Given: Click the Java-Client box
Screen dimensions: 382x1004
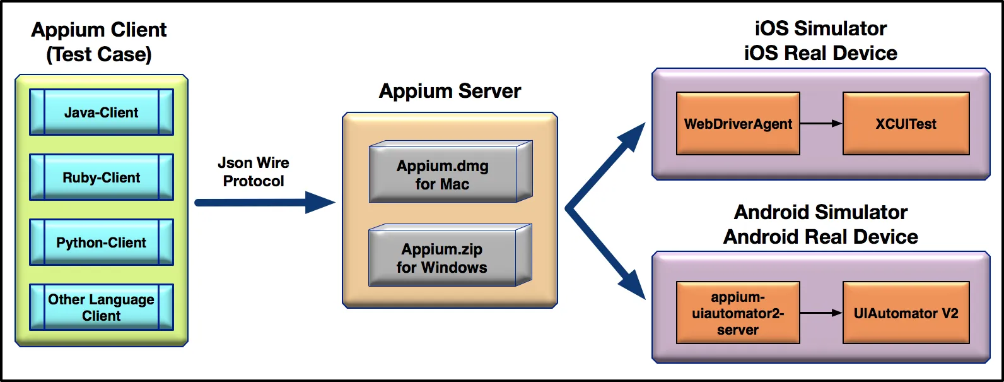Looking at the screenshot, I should [101, 112].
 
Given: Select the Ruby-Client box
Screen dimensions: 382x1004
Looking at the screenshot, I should [101, 177].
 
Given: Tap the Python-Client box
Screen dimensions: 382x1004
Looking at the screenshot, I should [101, 242].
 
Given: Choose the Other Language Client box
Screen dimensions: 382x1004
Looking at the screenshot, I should [101, 307].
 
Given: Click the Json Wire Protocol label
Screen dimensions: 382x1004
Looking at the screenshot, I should [254, 172].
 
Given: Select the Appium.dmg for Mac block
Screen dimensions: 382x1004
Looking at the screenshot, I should [443, 175].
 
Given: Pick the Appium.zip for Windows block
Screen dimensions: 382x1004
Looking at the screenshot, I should [443, 258].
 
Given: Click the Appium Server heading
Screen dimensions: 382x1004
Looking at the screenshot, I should [450, 91].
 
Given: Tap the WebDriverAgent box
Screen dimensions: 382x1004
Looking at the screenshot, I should [738, 124].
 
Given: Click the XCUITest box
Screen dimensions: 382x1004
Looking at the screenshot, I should [906, 124].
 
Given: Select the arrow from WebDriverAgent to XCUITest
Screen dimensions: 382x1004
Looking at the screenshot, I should [821, 124].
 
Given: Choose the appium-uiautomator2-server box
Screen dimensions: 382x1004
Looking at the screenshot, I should [738, 313].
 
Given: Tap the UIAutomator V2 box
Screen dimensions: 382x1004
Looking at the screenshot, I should [906, 313].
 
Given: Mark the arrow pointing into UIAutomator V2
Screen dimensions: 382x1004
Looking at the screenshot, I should [821, 313].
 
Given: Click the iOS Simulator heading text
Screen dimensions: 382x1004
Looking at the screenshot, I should [820, 28].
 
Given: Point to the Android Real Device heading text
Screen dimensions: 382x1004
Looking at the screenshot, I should [820, 237].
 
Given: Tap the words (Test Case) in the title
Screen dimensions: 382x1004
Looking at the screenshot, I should [99, 54].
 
